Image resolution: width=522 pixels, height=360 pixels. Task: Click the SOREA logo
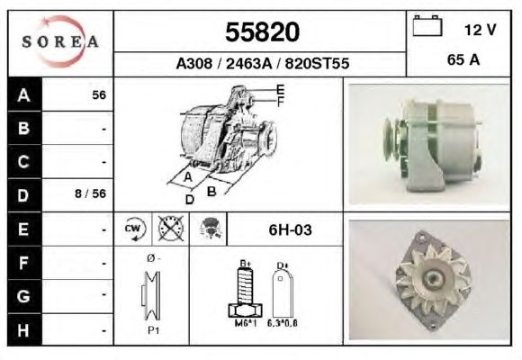(x=60, y=41)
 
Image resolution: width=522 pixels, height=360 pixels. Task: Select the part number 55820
(x=262, y=32)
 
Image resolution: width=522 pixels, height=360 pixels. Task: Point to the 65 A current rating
(x=463, y=60)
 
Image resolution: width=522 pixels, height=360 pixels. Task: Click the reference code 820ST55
(x=317, y=63)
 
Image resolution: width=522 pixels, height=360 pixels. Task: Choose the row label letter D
(x=23, y=195)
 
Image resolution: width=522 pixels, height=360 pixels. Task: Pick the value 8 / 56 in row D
(x=90, y=193)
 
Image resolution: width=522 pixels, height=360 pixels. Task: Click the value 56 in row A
(x=99, y=95)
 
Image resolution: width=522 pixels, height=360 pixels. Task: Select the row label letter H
(x=23, y=330)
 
